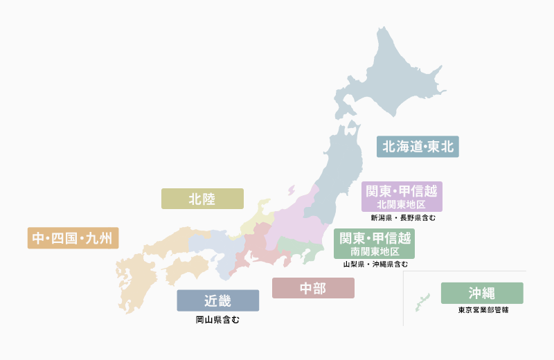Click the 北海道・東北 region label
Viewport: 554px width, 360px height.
click(418, 147)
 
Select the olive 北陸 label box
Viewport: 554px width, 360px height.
click(202, 199)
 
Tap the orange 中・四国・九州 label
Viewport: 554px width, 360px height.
click(73, 238)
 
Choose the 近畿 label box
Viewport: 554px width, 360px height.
click(217, 300)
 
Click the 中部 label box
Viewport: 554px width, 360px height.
click(313, 288)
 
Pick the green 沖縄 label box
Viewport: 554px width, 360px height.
click(482, 293)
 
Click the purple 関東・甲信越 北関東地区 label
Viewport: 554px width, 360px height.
click(402, 197)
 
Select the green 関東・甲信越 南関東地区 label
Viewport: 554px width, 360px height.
click(374, 244)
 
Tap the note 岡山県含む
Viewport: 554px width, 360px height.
click(217, 320)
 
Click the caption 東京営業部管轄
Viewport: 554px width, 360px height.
click(483, 310)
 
